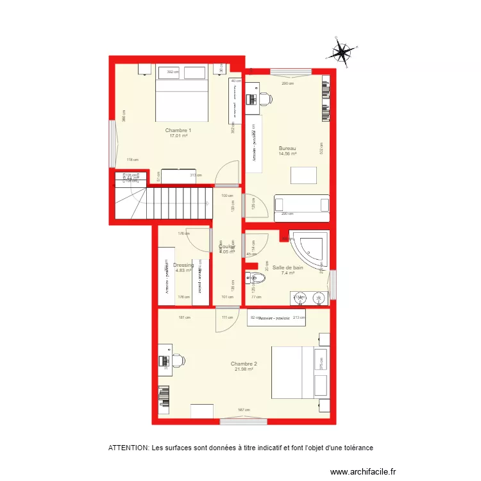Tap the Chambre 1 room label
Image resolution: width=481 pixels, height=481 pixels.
click(x=178, y=130)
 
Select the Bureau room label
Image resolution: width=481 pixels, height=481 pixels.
click(x=287, y=148)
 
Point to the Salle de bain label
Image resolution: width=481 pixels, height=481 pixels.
click(x=287, y=267)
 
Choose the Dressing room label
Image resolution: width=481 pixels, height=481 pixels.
click(x=183, y=265)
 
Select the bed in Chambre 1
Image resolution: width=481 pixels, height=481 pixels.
click(x=182, y=98)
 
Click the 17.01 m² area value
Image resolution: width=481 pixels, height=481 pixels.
click(x=178, y=136)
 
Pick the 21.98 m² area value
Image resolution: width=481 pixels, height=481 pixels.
click(x=244, y=369)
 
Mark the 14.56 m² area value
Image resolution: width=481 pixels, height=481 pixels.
click(x=287, y=154)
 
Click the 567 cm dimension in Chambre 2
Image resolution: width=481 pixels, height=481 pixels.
click(x=244, y=410)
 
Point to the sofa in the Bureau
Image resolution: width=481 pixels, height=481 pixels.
click(x=301, y=204)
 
